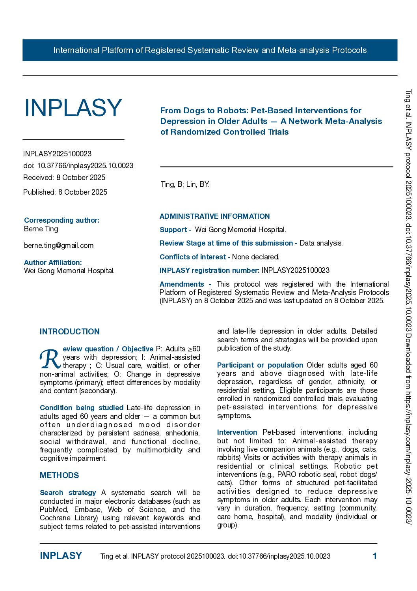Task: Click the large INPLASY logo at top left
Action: coord(73,108)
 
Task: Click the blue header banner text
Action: coord(210,50)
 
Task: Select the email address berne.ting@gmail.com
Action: coord(59,246)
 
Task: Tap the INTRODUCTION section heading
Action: coord(70,332)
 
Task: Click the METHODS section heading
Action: coord(60,475)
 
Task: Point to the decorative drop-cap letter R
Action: coord(50,358)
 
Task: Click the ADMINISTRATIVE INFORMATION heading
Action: coord(215,216)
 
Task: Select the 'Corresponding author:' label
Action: coord(61,220)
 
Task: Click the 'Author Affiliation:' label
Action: coord(53,263)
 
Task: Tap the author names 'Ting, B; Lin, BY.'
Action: coord(185,184)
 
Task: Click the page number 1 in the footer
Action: coord(375,556)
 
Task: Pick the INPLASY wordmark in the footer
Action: coord(61,556)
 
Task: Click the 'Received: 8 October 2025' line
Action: coord(64,178)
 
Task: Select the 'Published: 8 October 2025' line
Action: coord(65,192)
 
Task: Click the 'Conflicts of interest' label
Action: coord(193,257)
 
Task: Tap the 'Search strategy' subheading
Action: coord(68,493)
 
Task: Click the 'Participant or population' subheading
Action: coord(260,365)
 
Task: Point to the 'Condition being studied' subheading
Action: coord(82,408)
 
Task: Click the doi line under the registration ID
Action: coord(78,166)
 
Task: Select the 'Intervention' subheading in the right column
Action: coord(237,432)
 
